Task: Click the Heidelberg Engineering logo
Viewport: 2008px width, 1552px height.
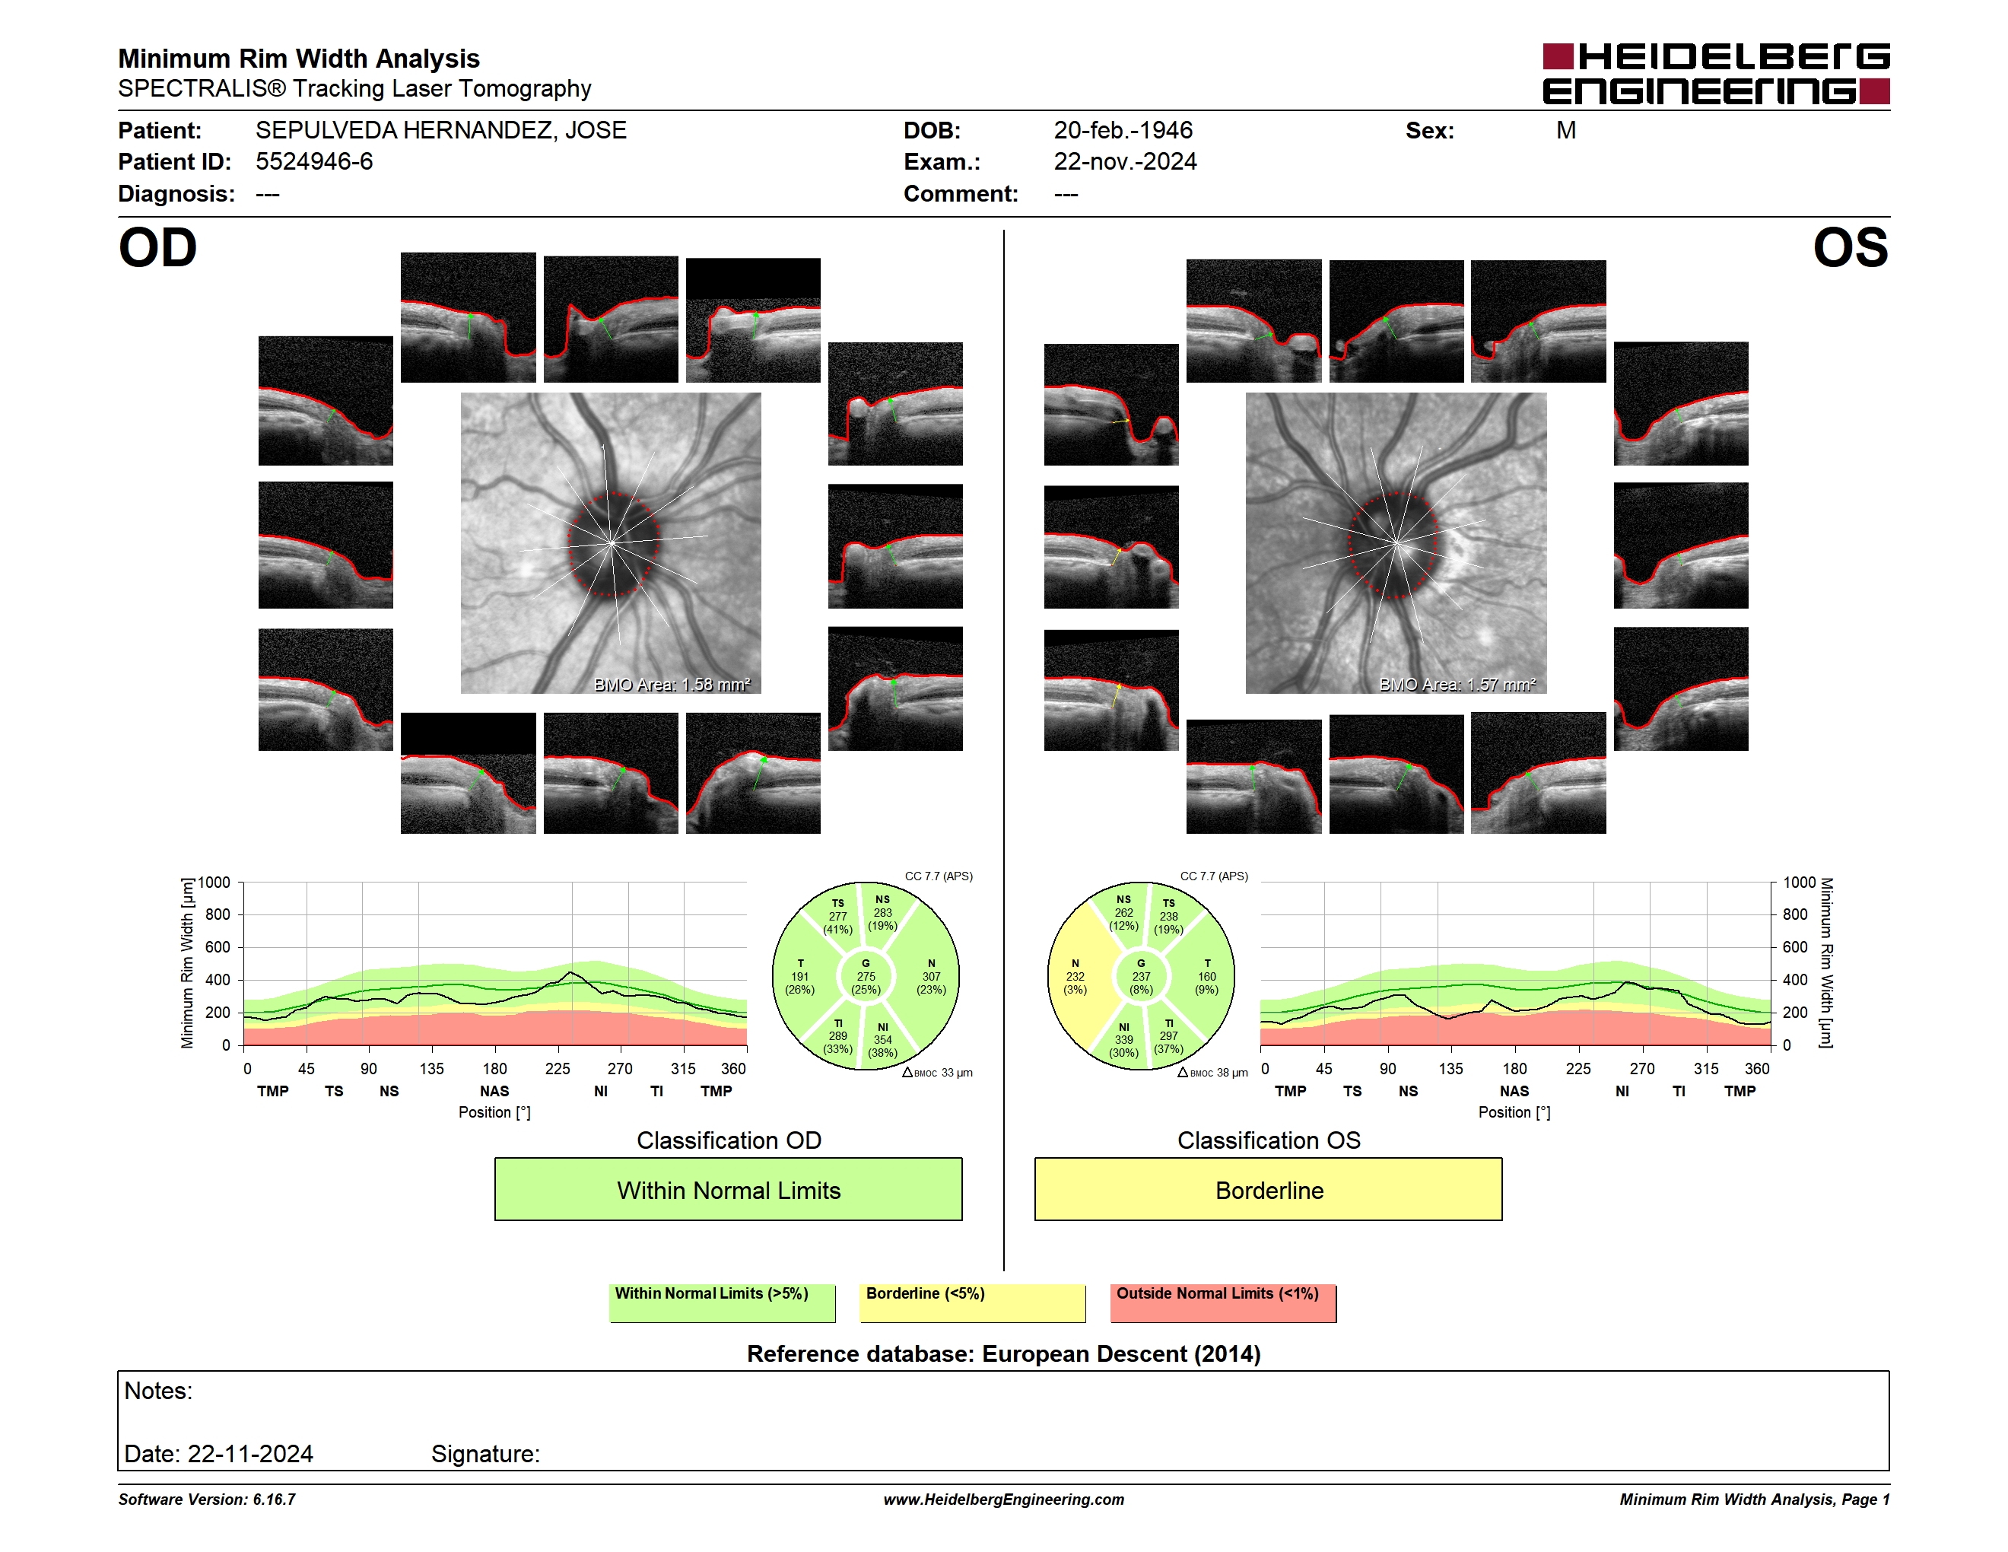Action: coord(1716,74)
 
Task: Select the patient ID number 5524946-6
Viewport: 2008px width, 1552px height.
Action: coord(314,162)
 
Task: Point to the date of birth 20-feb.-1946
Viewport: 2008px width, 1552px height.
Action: coord(1123,131)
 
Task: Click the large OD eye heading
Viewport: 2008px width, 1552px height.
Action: coord(157,248)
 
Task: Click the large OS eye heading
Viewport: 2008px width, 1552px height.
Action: coord(1850,248)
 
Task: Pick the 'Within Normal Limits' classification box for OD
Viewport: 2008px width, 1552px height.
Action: coord(728,1189)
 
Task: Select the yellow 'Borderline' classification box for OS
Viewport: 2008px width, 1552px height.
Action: coord(1269,1189)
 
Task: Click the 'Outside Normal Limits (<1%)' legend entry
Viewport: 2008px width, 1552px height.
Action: coord(1223,1302)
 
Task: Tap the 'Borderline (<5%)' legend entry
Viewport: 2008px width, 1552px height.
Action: coord(973,1302)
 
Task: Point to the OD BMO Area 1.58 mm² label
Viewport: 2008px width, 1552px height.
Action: coord(672,684)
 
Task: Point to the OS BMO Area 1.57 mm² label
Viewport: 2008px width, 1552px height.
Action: coord(1457,684)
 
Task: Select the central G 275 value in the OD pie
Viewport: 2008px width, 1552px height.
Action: coord(866,976)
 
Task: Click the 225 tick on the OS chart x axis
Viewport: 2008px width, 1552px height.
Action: coord(1577,1068)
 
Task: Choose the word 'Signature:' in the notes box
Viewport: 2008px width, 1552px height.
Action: coord(485,1454)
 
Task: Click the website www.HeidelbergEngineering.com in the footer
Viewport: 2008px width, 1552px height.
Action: coord(1004,1500)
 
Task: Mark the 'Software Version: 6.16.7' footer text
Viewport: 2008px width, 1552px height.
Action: coord(207,1500)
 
